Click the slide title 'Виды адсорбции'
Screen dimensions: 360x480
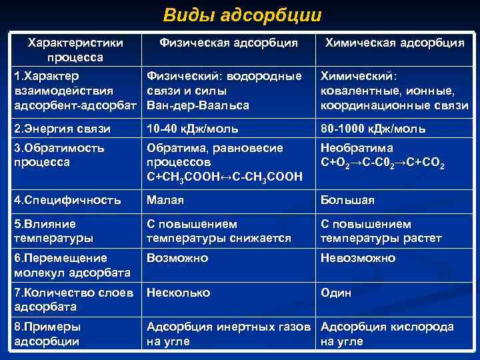pyautogui.click(x=242, y=15)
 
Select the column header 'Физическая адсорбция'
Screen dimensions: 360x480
pyautogui.click(x=229, y=43)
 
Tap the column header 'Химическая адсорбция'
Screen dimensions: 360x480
pyautogui.click(x=394, y=43)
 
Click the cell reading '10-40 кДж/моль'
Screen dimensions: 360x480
pyautogui.click(x=193, y=129)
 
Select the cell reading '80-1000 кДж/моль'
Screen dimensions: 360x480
pyautogui.click(x=373, y=129)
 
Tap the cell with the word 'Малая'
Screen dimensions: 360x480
pyautogui.click(x=165, y=199)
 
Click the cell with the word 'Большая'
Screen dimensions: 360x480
pyautogui.click(x=347, y=199)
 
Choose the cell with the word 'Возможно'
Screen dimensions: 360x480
pyautogui.click(x=177, y=258)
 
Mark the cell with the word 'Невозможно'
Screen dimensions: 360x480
pyautogui.click(x=358, y=258)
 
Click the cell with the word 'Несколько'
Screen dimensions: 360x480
pyautogui.click(x=178, y=293)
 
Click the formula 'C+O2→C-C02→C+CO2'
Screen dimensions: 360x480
pyautogui.click(x=383, y=163)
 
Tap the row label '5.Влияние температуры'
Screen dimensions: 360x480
pyautogui.click(x=53, y=231)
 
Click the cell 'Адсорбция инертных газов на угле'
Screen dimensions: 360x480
pyautogui.click(x=229, y=334)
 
